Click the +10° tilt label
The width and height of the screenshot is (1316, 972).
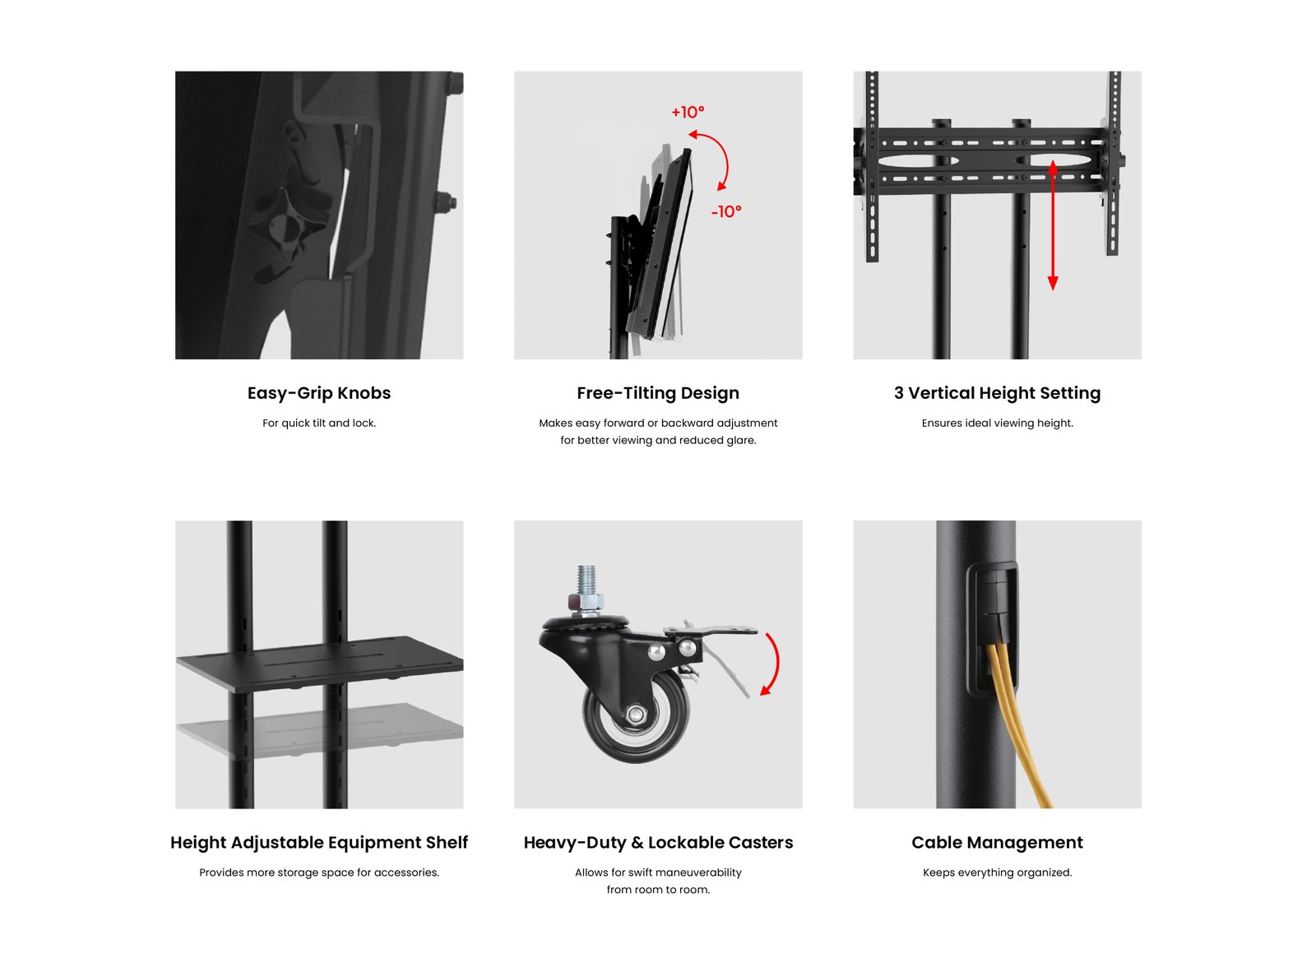(x=687, y=112)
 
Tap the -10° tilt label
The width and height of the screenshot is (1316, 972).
(x=726, y=211)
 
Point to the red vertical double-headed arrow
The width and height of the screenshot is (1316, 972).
(x=1052, y=224)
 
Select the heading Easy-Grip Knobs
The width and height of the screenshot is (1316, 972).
(x=318, y=393)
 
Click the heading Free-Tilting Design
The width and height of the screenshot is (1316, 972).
(x=657, y=393)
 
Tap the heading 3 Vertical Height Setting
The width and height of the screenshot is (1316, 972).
(x=997, y=393)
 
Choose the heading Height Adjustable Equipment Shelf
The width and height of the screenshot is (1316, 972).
(x=318, y=842)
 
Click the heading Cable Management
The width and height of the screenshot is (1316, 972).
(x=997, y=842)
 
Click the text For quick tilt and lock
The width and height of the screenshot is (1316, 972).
(x=318, y=424)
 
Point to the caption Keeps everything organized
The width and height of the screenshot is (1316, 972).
(x=997, y=872)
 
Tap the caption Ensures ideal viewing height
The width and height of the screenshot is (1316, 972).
(x=997, y=424)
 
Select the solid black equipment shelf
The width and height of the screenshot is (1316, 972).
(x=319, y=664)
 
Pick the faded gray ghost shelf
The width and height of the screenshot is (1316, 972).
(x=319, y=730)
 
